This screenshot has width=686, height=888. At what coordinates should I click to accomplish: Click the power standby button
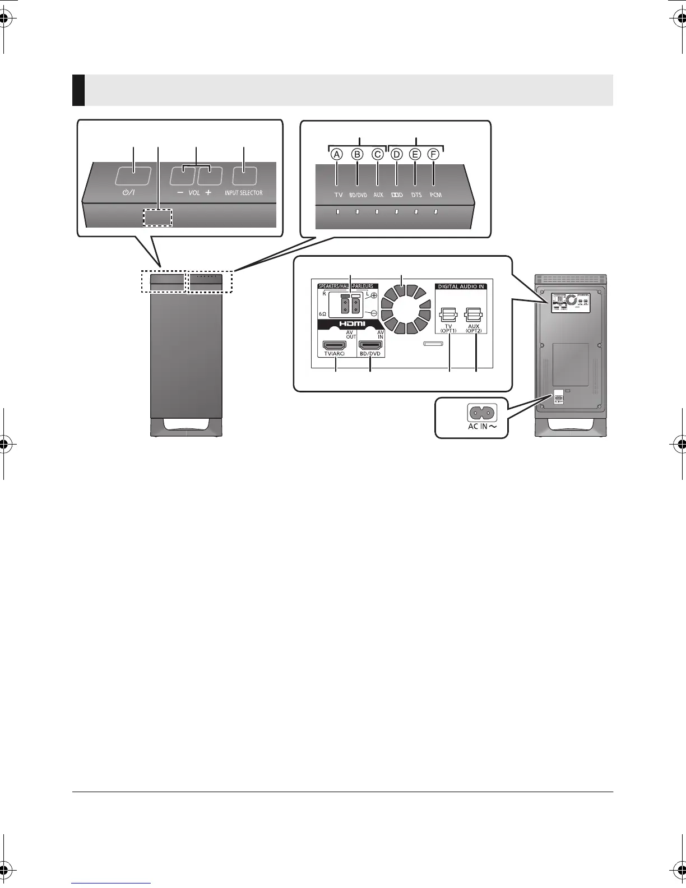[x=133, y=176]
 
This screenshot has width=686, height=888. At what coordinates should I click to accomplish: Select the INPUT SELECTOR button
[x=243, y=176]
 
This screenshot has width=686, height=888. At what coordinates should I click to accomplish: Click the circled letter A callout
[x=337, y=154]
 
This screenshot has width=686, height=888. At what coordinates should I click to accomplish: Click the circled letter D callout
[x=396, y=154]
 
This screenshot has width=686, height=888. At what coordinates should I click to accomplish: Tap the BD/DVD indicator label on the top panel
[x=358, y=195]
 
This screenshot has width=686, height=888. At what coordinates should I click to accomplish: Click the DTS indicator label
[x=416, y=195]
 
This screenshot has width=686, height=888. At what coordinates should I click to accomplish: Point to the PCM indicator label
[x=435, y=195]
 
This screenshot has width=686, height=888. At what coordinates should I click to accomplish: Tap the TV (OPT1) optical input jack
[x=449, y=314]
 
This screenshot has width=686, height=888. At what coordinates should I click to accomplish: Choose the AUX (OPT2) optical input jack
[x=475, y=314]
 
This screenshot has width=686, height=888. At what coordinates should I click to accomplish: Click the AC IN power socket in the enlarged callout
[x=481, y=413]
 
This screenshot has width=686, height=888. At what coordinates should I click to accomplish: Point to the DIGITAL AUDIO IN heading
[x=461, y=286]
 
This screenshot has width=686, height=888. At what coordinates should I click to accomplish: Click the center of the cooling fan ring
[x=402, y=309]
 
